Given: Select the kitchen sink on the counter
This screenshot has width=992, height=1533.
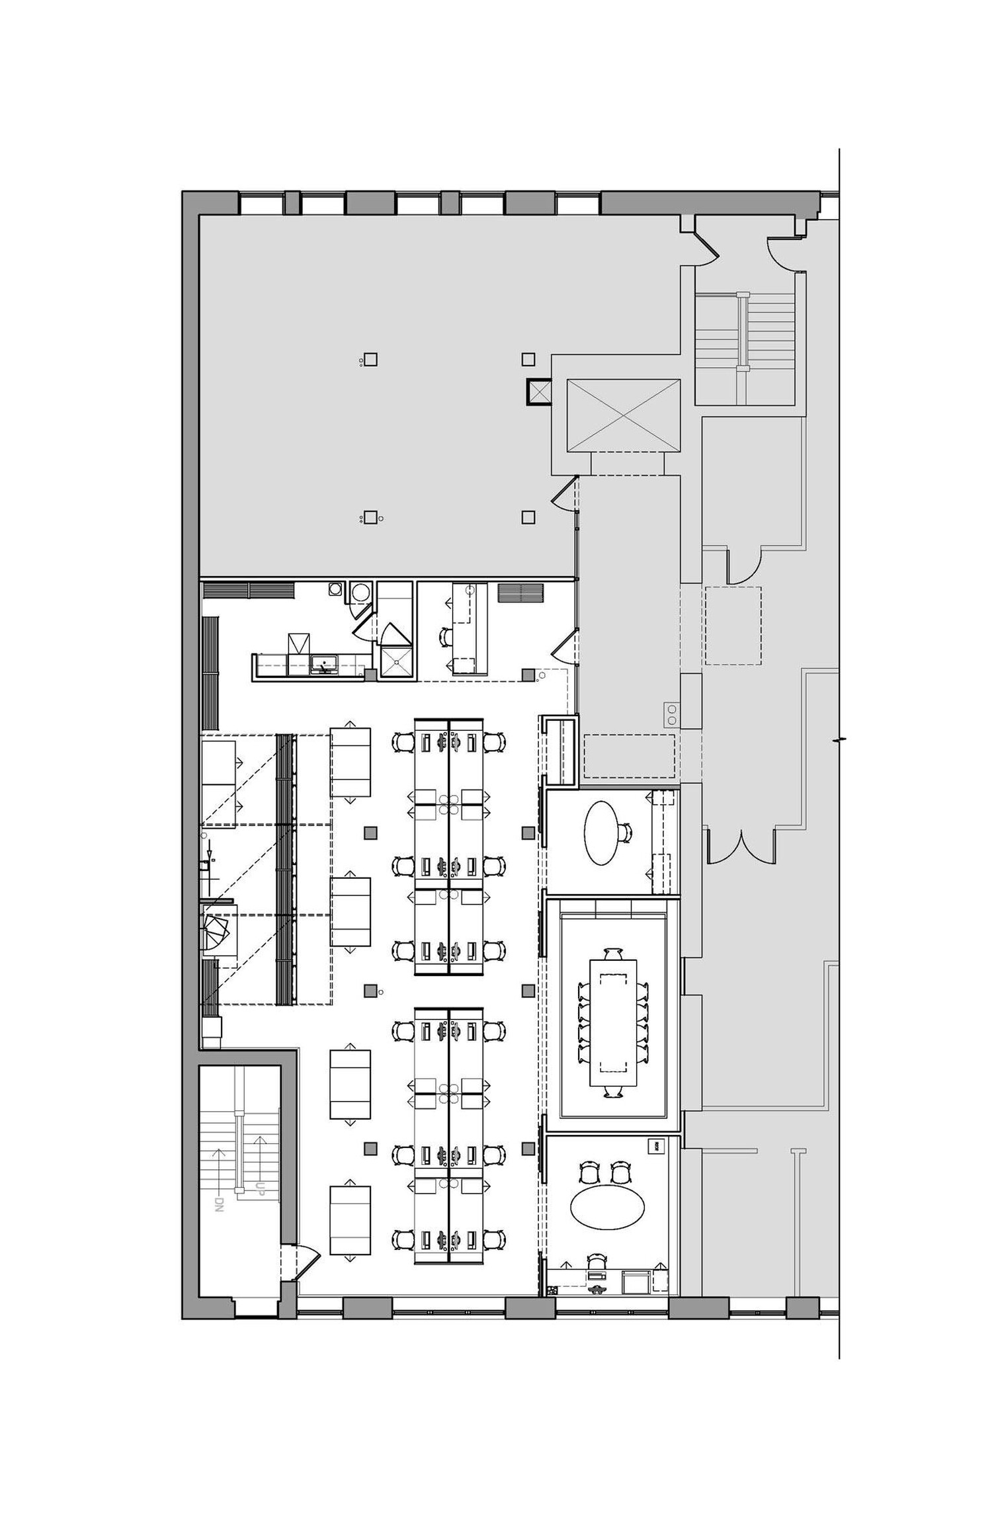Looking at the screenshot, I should (324, 663).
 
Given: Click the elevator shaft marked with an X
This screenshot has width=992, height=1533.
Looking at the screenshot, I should (623, 416).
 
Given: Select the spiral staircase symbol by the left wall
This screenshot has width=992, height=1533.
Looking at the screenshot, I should (217, 932).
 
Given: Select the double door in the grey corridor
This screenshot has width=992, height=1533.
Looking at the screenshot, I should (741, 847).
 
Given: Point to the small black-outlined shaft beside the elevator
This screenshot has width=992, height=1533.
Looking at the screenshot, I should (538, 391).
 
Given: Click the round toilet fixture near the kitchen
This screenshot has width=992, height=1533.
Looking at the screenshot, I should (360, 592).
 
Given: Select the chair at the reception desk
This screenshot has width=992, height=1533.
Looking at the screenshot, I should (446, 637).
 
